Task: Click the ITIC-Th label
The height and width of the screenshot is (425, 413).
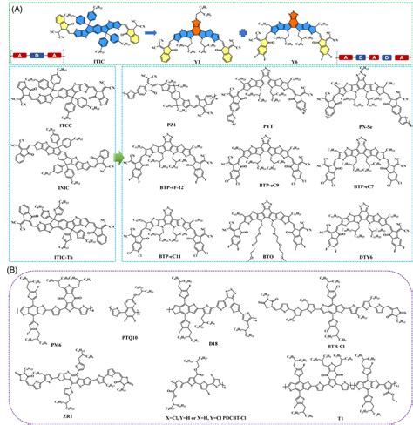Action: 60,251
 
